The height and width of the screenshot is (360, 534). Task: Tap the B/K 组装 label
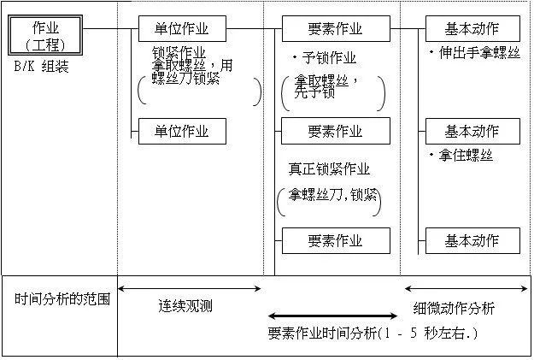click(x=40, y=67)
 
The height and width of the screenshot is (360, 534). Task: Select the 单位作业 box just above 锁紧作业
click(x=185, y=29)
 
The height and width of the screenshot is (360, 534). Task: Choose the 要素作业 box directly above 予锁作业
click(x=334, y=29)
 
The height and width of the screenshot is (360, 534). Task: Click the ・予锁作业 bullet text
click(x=324, y=58)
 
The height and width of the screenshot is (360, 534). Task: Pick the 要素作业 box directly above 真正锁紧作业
click(x=334, y=132)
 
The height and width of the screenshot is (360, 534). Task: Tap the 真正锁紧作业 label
click(x=328, y=169)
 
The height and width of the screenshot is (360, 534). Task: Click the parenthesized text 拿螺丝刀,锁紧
click(x=329, y=195)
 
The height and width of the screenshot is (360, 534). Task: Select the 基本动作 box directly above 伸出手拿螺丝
click(x=472, y=29)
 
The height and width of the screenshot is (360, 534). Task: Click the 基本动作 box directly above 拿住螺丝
click(x=472, y=132)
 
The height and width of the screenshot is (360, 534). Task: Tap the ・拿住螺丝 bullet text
click(x=461, y=156)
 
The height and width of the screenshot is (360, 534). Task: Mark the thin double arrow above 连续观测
click(x=189, y=289)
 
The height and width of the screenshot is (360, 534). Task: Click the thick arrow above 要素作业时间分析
click(x=327, y=316)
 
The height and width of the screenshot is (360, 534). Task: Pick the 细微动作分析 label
click(x=454, y=309)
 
